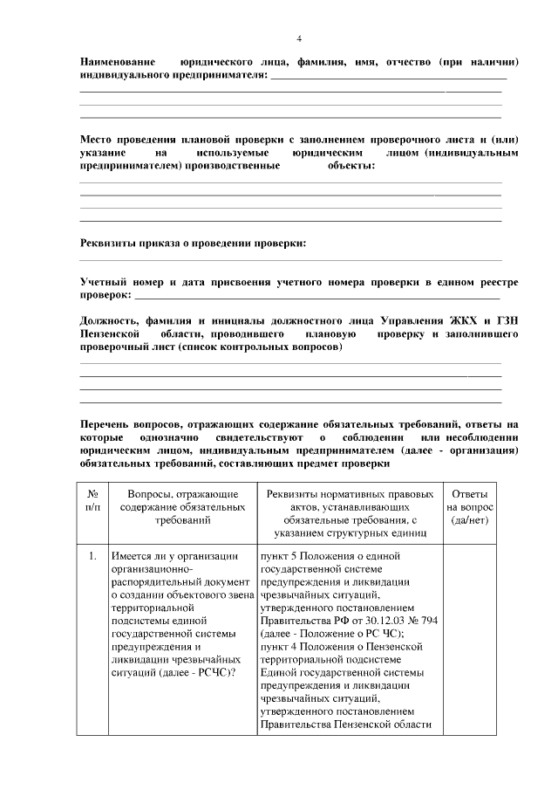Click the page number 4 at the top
(299, 39)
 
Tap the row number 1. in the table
(92, 555)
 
